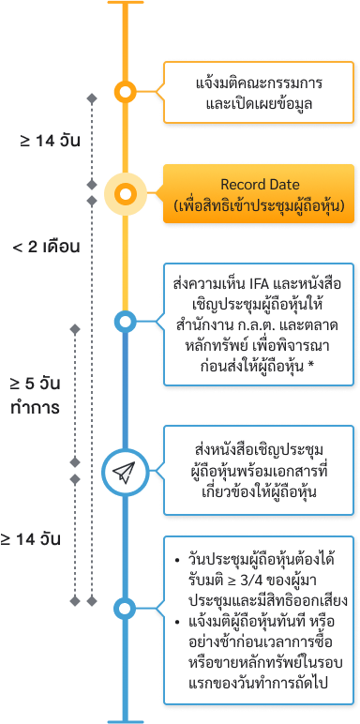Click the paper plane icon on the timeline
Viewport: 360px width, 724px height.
[125, 474]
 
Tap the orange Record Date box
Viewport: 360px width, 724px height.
[260, 195]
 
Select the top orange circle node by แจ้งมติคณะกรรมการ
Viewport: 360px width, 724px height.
[125, 92]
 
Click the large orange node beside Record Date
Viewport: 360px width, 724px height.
[125, 195]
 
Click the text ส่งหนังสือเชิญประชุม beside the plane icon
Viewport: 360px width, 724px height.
[250, 454]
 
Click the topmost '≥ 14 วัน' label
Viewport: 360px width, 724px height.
[46, 141]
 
